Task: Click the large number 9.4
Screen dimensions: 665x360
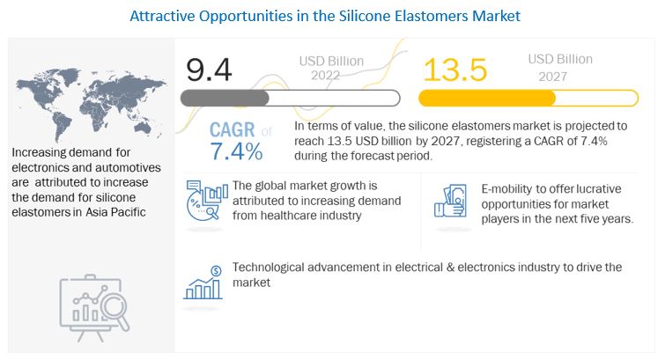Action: pyautogui.click(x=209, y=70)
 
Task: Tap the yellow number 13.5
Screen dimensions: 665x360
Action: pyautogui.click(x=455, y=70)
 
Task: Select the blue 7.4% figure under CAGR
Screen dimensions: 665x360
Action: pyautogui.click(x=236, y=151)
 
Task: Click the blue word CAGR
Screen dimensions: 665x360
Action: pyautogui.click(x=232, y=129)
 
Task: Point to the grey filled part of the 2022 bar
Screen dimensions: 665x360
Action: pyautogui.click(x=225, y=99)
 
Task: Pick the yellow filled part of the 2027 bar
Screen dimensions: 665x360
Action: pyautogui.click(x=487, y=99)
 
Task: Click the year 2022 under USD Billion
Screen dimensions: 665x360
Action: pyautogui.click(x=325, y=76)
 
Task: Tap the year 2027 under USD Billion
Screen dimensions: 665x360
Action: pyautogui.click(x=552, y=77)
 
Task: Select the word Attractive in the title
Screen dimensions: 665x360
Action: pyautogui.click(x=162, y=16)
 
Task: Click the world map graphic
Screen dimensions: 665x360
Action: pyautogui.click(x=91, y=105)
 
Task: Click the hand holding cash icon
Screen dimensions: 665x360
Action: pyautogui.click(x=450, y=201)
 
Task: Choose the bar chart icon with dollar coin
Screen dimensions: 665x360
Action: pyautogui.click(x=203, y=283)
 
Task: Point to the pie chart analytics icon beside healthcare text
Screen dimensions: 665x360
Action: pyautogui.click(x=206, y=201)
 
